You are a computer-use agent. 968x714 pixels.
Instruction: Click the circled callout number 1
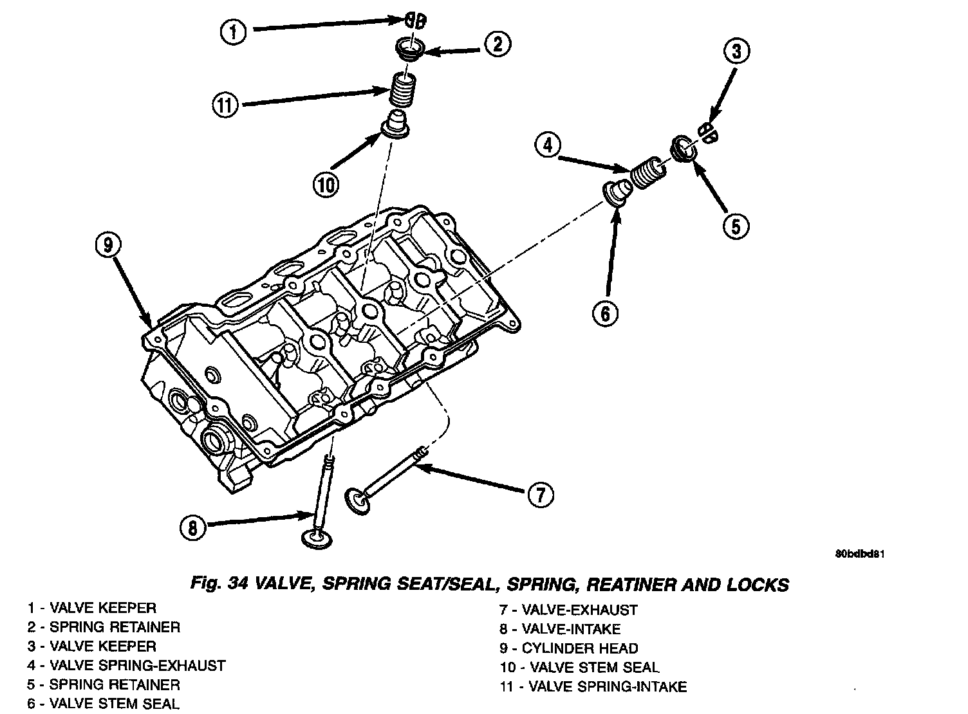[x=234, y=31]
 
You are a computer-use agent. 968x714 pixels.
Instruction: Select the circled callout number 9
[x=109, y=245]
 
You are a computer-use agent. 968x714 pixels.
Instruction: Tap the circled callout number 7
[x=540, y=495]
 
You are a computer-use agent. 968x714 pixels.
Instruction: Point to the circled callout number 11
[x=226, y=104]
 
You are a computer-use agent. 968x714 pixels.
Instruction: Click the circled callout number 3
[x=737, y=51]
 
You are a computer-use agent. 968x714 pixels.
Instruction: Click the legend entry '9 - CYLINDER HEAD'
[x=569, y=648]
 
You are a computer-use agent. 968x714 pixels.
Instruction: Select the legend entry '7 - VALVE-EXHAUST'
[x=568, y=610]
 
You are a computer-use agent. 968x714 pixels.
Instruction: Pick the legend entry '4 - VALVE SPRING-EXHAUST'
[x=126, y=665]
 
